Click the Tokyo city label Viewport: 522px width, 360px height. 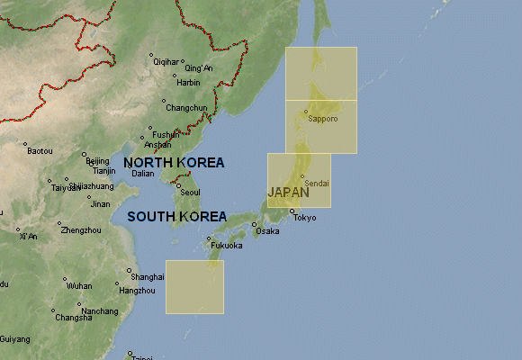click(x=305, y=218)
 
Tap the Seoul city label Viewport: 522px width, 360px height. click(x=190, y=193)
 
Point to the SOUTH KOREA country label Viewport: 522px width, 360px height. click(x=175, y=217)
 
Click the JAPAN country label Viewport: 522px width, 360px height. click(x=288, y=193)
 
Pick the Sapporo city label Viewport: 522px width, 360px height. click(x=322, y=119)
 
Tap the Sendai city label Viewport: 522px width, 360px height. click(x=318, y=183)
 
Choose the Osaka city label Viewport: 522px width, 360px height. click(x=267, y=231)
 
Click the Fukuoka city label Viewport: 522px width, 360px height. click(x=226, y=246)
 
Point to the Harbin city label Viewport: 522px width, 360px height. click(x=188, y=83)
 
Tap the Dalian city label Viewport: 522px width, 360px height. click(x=143, y=174)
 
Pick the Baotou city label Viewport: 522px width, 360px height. click(x=40, y=151)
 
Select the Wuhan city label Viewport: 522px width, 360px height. click(x=79, y=285)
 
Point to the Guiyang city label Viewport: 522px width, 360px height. click(x=14, y=339)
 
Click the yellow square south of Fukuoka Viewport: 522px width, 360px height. click(x=194, y=287)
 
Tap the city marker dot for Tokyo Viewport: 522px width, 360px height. click(x=291, y=211)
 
